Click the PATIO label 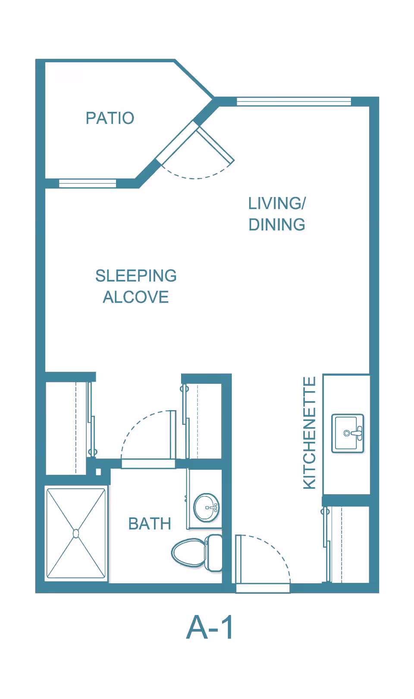click(x=110, y=118)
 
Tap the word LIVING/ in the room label click(x=277, y=203)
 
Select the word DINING click(x=277, y=225)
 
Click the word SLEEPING click(x=136, y=275)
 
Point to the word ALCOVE click(x=135, y=297)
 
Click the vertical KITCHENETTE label click(x=310, y=433)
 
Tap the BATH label click(x=150, y=524)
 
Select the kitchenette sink click(x=347, y=433)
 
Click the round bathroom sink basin click(x=206, y=508)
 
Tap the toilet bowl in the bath click(x=188, y=552)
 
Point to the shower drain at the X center click(x=76, y=534)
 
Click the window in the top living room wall click(x=294, y=101)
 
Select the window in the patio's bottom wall click(x=88, y=183)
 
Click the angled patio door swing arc click(x=196, y=177)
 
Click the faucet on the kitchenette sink click(x=357, y=433)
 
